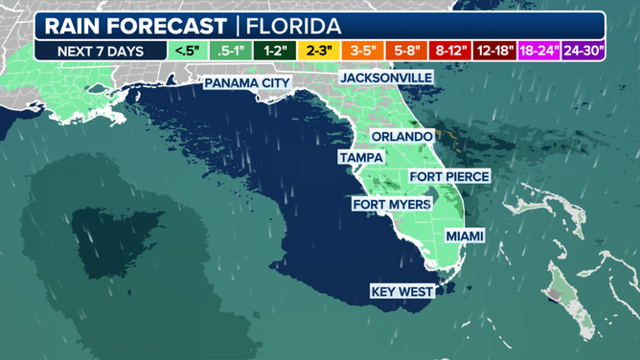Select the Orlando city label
coord(401,137)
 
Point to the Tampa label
coord(361,157)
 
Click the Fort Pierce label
coord(449,176)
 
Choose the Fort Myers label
coord(391,204)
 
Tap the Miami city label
coord(465,236)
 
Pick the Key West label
coord(403,291)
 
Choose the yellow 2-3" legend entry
coord(319,50)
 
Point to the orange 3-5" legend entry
coord(365,50)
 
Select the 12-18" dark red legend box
coord(494,50)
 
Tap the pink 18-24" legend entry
coord(538,50)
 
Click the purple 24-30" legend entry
coord(583,50)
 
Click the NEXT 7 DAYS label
coord(100,50)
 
